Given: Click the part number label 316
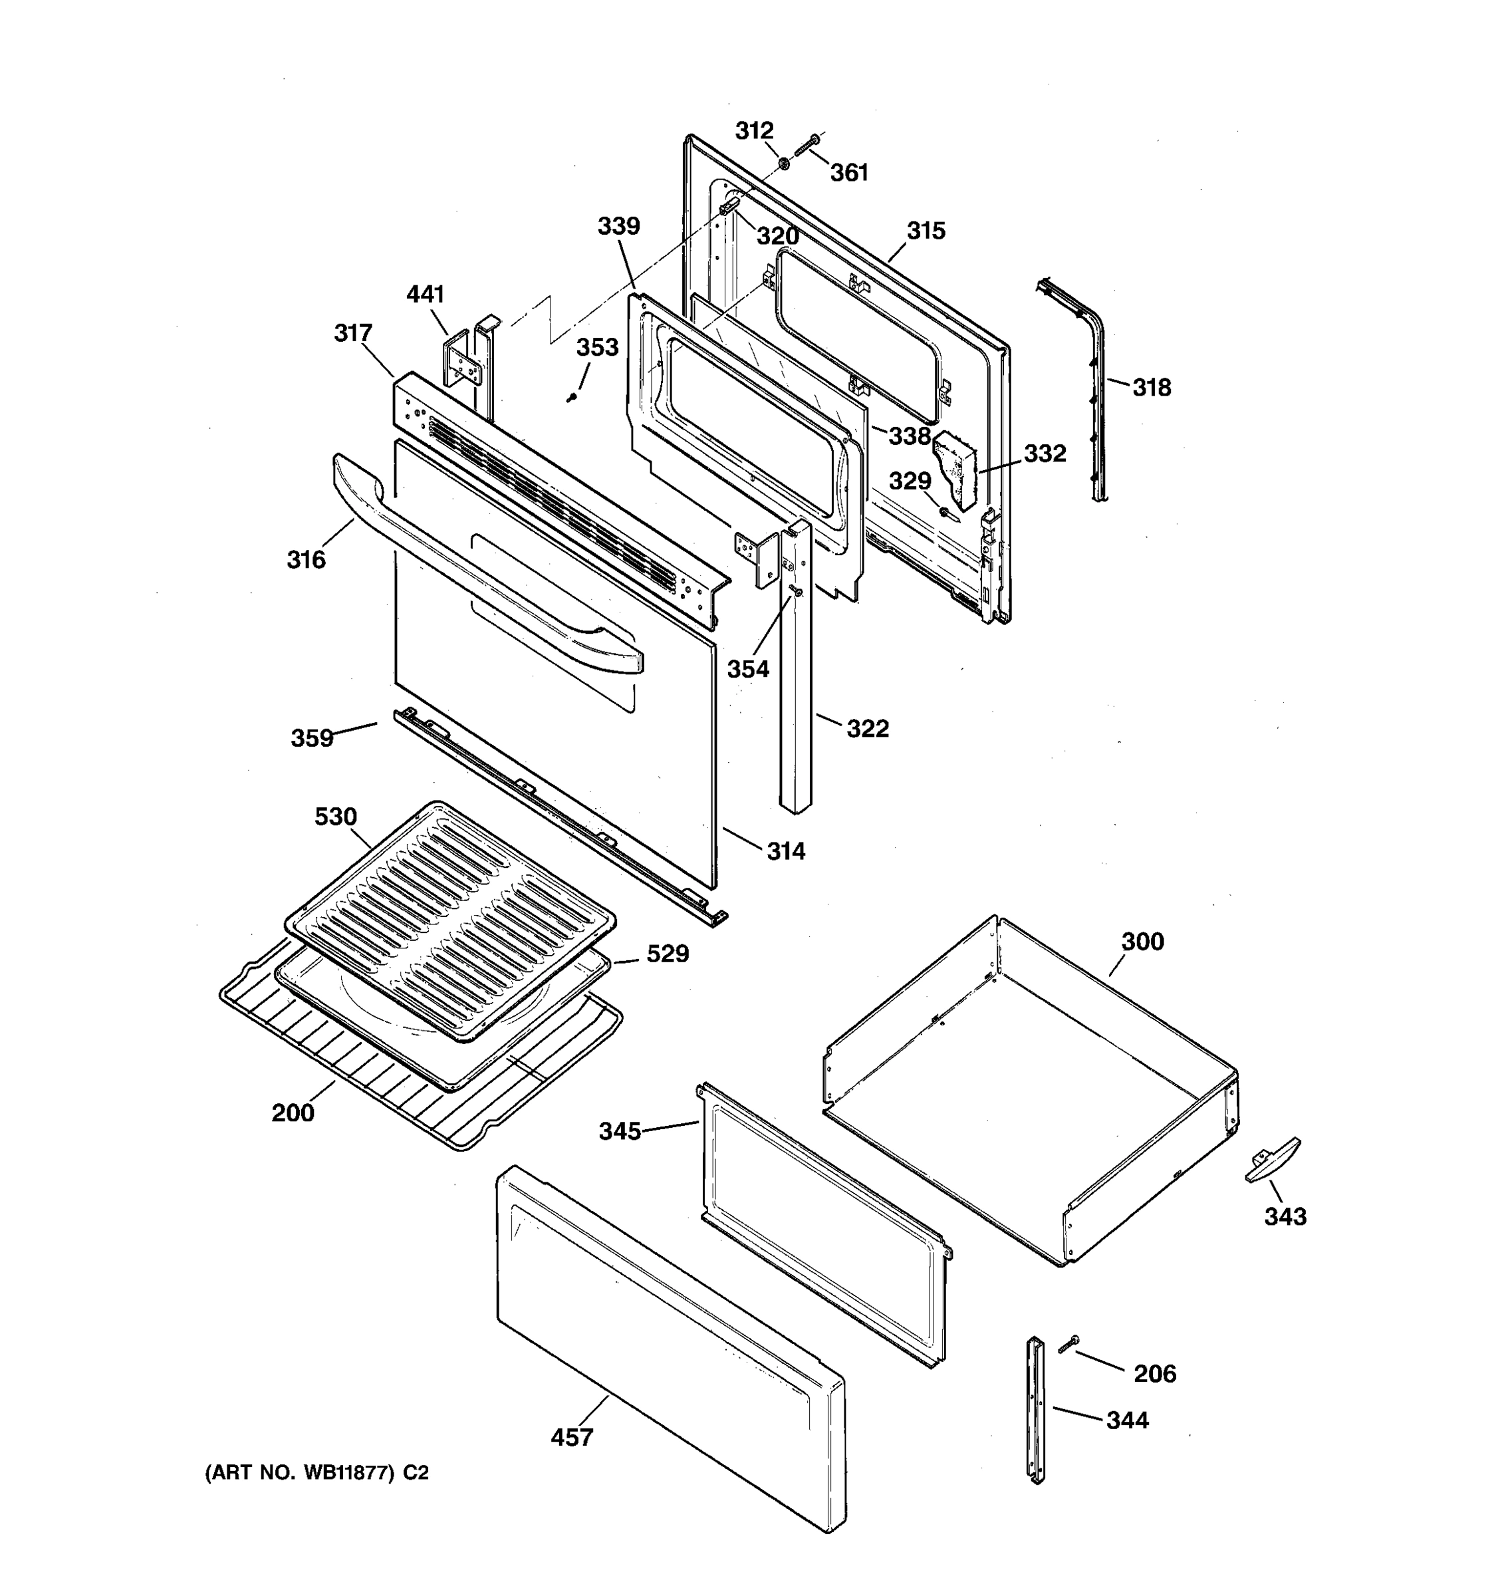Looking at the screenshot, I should pyautogui.click(x=306, y=559).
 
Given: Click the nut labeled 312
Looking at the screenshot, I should pyautogui.click(x=783, y=163).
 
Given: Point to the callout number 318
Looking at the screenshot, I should pyautogui.click(x=1151, y=388).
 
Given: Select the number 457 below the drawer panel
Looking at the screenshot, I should pyautogui.click(x=571, y=1437).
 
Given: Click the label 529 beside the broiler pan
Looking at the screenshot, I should pyautogui.click(x=668, y=954).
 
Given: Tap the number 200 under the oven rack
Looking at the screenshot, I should pyautogui.click(x=293, y=1113).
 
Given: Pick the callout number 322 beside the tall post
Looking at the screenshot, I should pyautogui.click(x=868, y=728).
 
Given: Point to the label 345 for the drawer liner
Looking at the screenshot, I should pyautogui.click(x=620, y=1131).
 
